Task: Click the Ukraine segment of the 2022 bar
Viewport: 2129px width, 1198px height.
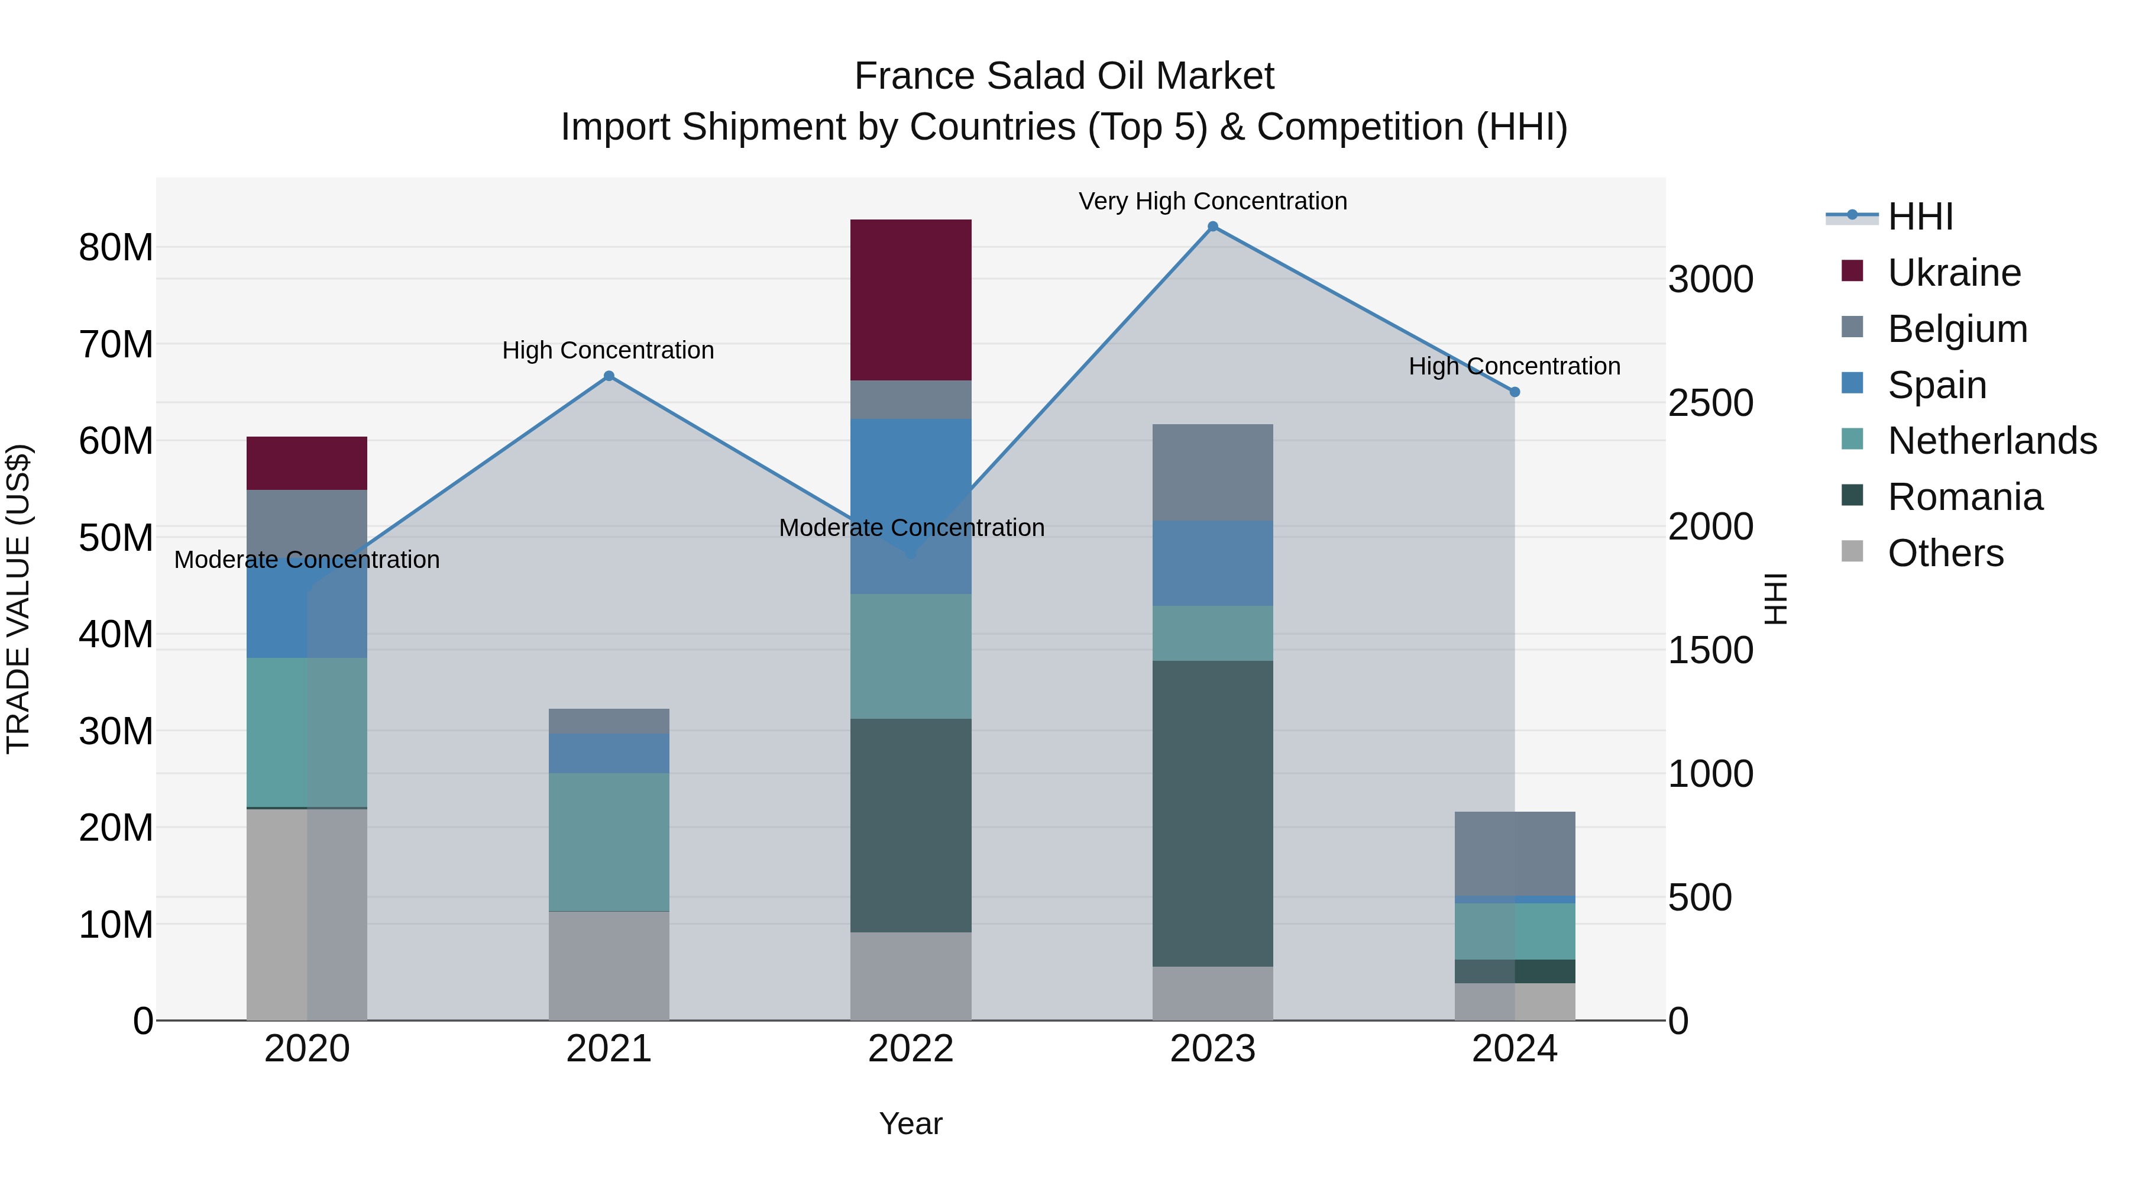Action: click(x=910, y=299)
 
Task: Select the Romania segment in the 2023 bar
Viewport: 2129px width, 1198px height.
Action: click(x=1212, y=813)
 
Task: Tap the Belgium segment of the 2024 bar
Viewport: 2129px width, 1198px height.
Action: click(x=1514, y=853)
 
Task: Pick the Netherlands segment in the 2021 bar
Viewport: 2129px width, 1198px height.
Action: click(x=609, y=842)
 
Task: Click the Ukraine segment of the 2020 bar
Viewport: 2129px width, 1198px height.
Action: click(x=306, y=463)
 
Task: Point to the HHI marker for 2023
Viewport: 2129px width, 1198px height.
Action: click(x=1212, y=227)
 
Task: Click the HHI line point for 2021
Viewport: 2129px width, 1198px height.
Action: click(x=609, y=376)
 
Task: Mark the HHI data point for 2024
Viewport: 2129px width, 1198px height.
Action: click(x=1514, y=392)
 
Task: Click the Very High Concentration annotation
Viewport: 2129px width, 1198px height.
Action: click(x=1212, y=201)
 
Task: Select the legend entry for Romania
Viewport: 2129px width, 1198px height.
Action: click(x=1965, y=497)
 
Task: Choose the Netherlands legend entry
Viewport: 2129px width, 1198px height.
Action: click(x=1992, y=441)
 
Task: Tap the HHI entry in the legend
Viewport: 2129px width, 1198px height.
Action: click(x=1920, y=217)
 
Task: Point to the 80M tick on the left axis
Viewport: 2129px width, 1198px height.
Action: click(x=116, y=247)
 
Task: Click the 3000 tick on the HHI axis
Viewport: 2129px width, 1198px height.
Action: click(x=1710, y=279)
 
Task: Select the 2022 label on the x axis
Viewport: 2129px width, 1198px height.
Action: click(x=910, y=1049)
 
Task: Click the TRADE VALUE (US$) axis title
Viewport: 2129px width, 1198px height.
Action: click(x=18, y=599)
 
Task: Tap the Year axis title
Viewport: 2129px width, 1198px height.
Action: click(x=910, y=1123)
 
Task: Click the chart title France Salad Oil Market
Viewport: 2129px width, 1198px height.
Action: click(x=1064, y=76)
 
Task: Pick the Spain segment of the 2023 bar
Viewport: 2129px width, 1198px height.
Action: click(x=1212, y=563)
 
